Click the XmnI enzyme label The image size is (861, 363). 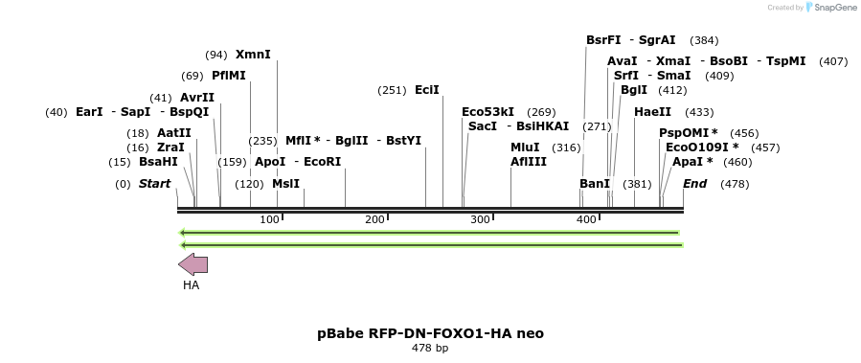[x=253, y=55]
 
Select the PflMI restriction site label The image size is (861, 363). [x=229, y=76]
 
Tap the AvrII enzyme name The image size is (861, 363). [x=197, y=98]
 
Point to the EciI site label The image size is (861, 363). [x=427, y=90]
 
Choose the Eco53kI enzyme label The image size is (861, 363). [x=487, y=112]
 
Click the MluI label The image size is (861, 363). [x=525, y=147]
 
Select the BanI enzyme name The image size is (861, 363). [x=595, y=184]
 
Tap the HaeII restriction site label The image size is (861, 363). [x=652, y=112]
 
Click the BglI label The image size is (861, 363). [x=634, y=90]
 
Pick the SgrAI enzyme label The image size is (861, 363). [x=657, y=40]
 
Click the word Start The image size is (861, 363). [x=154, y=184]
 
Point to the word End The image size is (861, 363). [x=694, y=184]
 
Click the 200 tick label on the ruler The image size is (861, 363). [x=375, y=220]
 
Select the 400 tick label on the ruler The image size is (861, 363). [x=587, y=220]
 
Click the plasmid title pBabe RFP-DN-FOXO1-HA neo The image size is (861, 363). [x=430, y=333]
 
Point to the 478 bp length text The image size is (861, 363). [x=430, y=349]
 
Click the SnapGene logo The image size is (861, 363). [x=829, y=8]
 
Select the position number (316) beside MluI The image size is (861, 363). [x=567, y=147]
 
